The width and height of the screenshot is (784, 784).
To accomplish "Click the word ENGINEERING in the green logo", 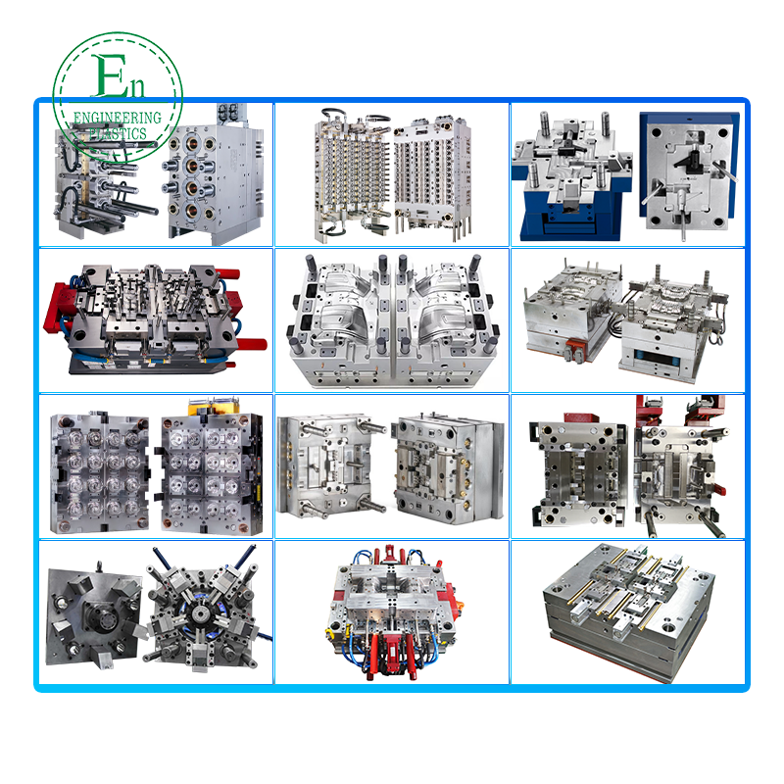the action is [x=118, y=118].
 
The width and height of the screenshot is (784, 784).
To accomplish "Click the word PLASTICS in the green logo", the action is [x=118, y=133].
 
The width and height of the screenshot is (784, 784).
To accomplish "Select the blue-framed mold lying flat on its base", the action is [x=571, y=177].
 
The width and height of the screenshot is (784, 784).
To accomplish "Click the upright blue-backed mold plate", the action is [x=689, y=172].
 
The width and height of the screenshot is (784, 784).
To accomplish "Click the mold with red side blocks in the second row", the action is [x=155, y=319].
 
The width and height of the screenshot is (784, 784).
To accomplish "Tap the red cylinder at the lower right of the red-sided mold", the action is [x=252, y=344].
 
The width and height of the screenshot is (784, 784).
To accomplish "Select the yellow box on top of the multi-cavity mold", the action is [x=214, y=406].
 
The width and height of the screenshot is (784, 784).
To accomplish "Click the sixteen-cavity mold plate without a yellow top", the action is [x=100, y=472].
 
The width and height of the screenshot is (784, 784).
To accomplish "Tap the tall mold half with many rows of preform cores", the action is [x=352, y=175].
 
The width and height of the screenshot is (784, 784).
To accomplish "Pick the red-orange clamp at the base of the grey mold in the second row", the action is [x=574, y=349].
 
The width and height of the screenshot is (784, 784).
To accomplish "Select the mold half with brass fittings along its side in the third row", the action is [x=448, y=467].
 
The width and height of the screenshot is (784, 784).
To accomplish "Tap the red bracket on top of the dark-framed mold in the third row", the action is [x=582, y=417].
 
